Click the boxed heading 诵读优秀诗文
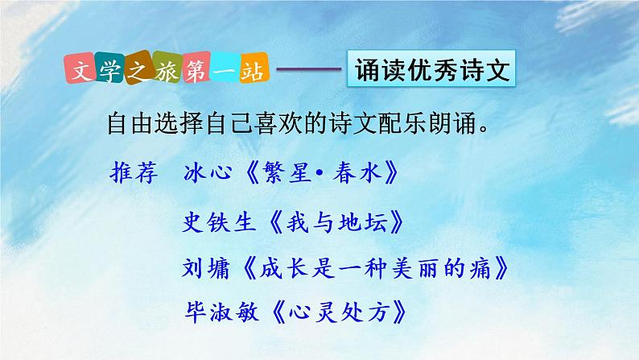pyautogui.click(x=433, y=72)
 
